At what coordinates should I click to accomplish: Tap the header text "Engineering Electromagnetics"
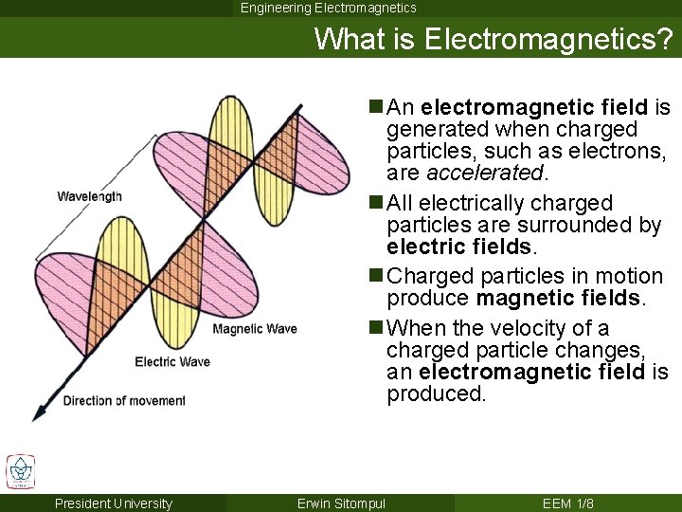point(328,8)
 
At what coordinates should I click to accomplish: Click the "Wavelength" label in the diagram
point(89,196)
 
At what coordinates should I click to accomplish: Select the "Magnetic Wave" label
point(255,329)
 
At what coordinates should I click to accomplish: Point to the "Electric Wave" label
point(172,361)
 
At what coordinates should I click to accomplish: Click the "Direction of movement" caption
point(124,401)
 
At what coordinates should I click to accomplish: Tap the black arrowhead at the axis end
point(39,412)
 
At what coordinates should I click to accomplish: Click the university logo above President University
point(21,471)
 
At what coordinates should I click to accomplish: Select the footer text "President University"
point(114,503)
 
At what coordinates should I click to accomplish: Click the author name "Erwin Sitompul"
point(341,503)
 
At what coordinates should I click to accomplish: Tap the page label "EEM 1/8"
point(568,503)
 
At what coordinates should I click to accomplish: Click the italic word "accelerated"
point(485,173)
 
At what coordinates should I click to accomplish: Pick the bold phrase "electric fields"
point(459,247)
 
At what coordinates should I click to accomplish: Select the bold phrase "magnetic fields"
point(559,299)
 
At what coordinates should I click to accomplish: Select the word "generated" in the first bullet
point(436,129)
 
